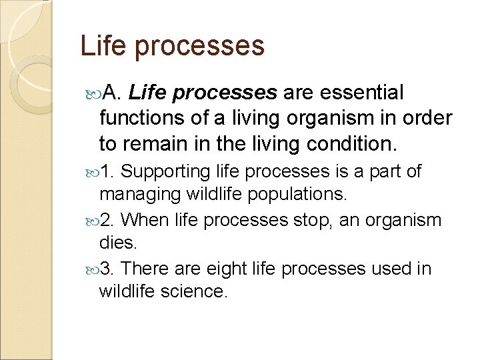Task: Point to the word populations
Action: click(x=304, y=195)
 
